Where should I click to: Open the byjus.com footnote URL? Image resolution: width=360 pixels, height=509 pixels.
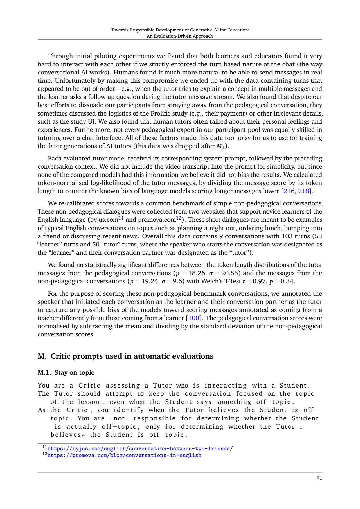[140, 449]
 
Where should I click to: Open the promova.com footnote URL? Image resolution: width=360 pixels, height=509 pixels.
[124, 455]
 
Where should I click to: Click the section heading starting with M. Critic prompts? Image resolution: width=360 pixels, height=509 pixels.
[125, 356]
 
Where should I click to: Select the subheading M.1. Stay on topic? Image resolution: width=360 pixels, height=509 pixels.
[66, 373]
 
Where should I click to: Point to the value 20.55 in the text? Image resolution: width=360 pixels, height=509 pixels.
[231, 273]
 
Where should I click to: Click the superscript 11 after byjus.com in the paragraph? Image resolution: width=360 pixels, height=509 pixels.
[121, 218]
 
